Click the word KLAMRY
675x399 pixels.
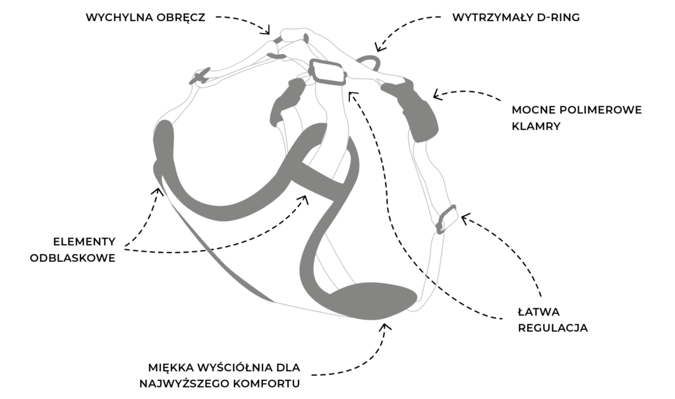[x=535, y=125]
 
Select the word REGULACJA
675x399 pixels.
[x=552, y=327]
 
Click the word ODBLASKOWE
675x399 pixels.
[x=73, y=257]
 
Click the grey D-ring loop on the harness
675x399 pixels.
[x=370, y=61]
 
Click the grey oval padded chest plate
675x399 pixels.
[x=372, y=300]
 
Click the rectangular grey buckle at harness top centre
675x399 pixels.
[x=326, y=72]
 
